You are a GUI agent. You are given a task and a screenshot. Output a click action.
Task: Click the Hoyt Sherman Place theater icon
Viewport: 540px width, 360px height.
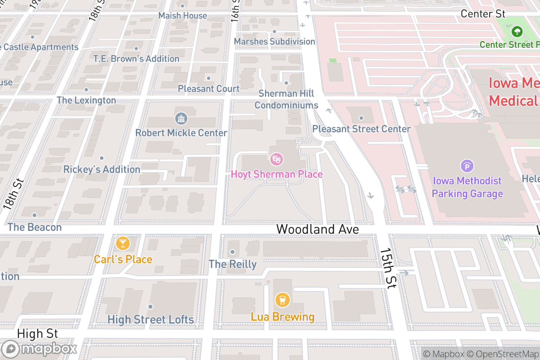(x=276, y=158)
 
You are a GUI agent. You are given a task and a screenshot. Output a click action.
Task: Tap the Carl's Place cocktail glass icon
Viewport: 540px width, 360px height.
(x=122, y=243)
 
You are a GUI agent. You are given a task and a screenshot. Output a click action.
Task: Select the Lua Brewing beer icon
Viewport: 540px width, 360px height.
(x=283, y=300)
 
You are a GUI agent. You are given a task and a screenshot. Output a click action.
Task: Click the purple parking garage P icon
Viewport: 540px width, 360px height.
(x=467, y=166)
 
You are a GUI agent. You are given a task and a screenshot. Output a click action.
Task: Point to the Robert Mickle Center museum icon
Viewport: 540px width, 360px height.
(x=181, y=119)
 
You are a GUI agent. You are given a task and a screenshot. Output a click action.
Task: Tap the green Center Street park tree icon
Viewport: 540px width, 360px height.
(x=517, y=31)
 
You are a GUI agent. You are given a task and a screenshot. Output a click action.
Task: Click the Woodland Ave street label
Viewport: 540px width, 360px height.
(x=317, y=229)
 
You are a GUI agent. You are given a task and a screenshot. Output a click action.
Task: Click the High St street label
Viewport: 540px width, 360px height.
(x=38, y=333)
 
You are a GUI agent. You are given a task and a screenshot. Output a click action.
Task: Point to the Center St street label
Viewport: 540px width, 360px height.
(x=483, y=14)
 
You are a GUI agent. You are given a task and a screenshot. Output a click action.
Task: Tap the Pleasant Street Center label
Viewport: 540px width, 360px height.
(x=361, y=129)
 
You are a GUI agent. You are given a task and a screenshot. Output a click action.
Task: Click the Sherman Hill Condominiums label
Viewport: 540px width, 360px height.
(x=286, y=99)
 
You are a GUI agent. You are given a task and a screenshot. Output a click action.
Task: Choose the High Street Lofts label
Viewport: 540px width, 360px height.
(x=150, y=319)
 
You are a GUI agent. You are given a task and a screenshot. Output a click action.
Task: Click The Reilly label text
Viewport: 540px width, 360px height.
(x=232, y=264)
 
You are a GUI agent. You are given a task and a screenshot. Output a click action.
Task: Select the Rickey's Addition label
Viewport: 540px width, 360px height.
(x=102, y=169)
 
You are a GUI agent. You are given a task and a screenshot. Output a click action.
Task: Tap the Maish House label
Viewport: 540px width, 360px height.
(x=183, y=16)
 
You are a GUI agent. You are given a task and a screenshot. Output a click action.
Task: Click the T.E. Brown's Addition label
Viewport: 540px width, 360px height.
(x=136, y=58)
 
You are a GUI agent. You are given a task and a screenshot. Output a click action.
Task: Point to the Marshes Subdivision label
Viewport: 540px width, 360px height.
(x=274, y=41)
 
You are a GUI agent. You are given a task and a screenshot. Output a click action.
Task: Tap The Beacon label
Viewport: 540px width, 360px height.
(x=35, y=227)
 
